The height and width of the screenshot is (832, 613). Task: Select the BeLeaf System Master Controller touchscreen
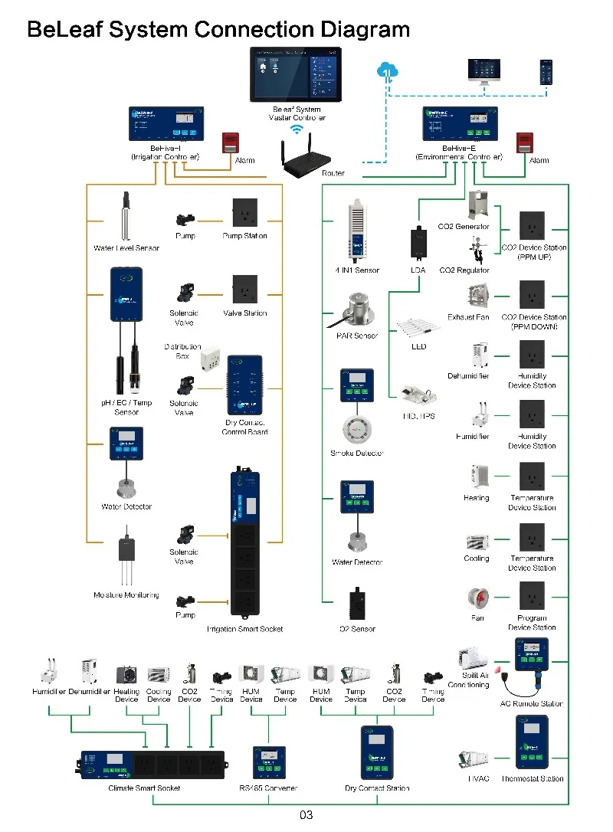coord(296,74)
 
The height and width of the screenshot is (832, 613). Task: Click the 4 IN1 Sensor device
coord(357,230)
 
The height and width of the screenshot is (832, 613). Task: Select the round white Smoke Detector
coord(357,430)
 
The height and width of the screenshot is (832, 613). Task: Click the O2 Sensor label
coord(357,629)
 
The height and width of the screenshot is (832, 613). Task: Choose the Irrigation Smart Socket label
coord(244,629)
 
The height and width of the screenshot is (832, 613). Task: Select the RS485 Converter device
coord(269,762)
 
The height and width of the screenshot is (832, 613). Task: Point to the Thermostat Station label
coord(532,779)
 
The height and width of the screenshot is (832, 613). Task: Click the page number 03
coord(306,815)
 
